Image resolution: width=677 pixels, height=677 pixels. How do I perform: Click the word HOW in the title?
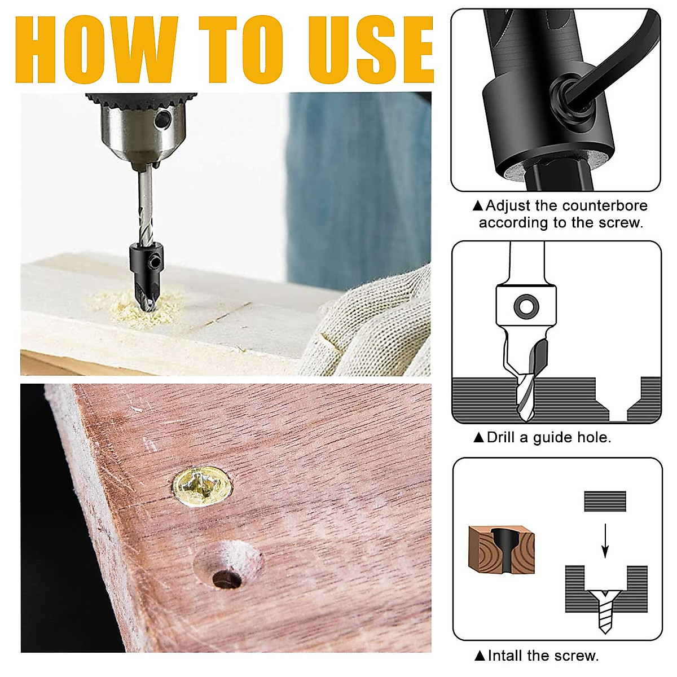click(x=96, y=51)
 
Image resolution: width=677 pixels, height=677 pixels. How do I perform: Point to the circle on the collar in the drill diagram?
click(x=526, y=306)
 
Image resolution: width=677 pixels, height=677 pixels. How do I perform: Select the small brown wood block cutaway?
click(x=501, y=549)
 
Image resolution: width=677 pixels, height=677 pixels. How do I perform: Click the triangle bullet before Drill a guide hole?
click(x=478, y=437)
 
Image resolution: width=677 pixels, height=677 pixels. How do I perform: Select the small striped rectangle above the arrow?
click(x=605, y=501)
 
